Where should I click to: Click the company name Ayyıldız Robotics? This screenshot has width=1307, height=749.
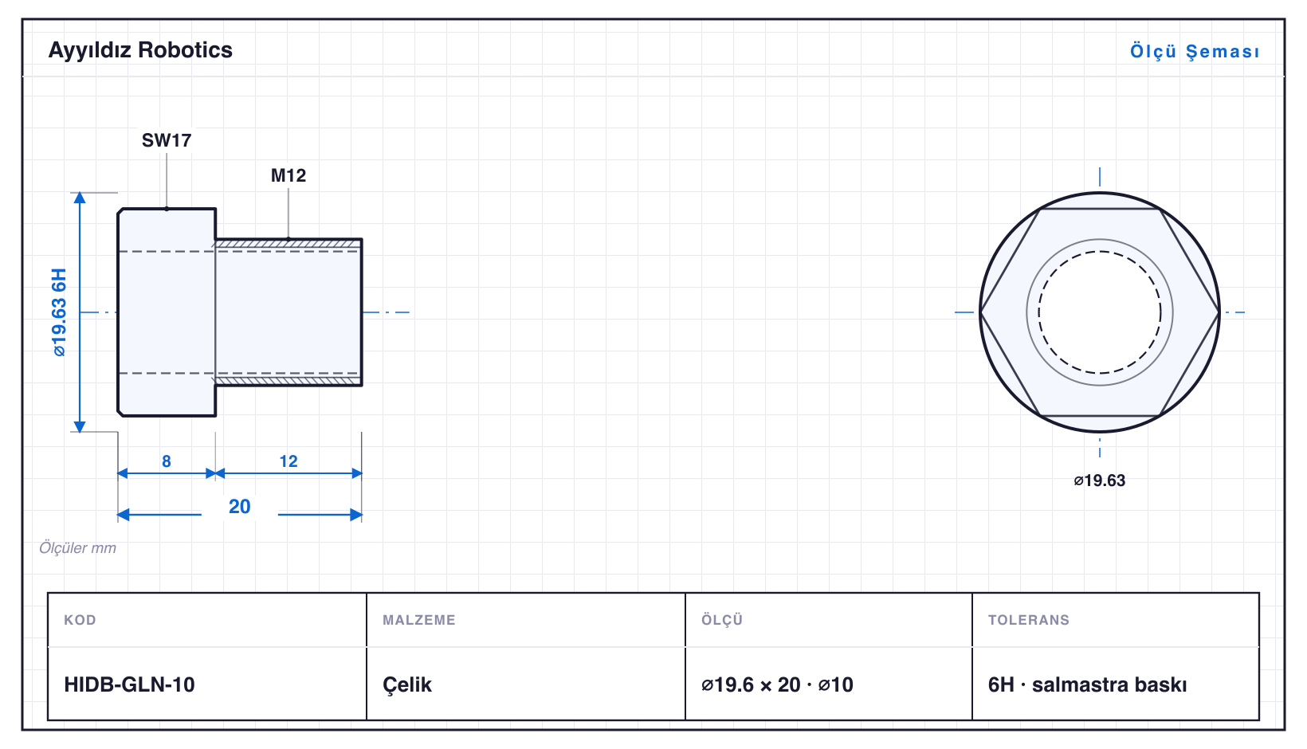140,50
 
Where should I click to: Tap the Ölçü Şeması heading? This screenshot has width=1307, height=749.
1195,51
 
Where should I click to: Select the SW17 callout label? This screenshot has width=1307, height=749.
167,140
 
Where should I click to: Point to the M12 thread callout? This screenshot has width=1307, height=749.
288,175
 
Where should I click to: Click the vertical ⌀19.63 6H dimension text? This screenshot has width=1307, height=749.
59,312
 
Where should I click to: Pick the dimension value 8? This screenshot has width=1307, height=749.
167,461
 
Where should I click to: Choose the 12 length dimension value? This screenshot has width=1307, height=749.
288,461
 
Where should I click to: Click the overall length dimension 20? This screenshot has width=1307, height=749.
239,506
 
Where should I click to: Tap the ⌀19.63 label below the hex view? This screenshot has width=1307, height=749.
1099,480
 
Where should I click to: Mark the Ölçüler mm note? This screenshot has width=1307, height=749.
77,547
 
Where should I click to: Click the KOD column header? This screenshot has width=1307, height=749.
80,619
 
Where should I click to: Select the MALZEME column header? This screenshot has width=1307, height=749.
419,619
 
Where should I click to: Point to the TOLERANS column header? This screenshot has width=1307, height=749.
1029,619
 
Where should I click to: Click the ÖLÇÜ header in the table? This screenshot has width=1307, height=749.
722,619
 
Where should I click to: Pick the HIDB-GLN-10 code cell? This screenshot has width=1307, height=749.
129,684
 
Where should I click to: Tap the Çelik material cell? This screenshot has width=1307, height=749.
407,684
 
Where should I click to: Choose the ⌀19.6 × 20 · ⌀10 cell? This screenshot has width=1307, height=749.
777,684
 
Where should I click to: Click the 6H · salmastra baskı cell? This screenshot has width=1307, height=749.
1087,684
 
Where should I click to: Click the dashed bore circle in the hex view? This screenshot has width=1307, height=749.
1100,252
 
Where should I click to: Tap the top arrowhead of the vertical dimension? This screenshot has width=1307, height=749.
80,198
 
